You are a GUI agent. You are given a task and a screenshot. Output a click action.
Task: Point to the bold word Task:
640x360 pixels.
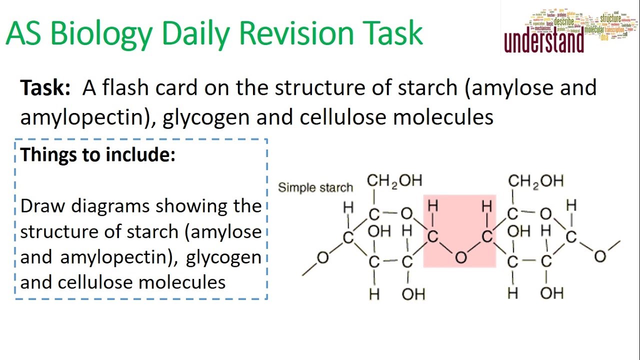pyautogui.click(x=45, y=88)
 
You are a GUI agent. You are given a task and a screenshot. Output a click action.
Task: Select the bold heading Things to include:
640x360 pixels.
pyautogui.click(x=98, y=154)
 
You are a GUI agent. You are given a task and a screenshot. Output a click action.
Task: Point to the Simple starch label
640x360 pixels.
pyautogui.click(x=315, y=187)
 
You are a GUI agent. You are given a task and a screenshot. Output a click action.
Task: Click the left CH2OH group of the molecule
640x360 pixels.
pyautogui.click(x=394, y=180)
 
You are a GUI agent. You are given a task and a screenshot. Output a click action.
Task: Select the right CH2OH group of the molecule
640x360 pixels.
pyautogui.click(x=536, y=180)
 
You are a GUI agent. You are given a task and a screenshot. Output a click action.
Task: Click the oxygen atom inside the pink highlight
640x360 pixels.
pyautogui.click(x=461, y=257)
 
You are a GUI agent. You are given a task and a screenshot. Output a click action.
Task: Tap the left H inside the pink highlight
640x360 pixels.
pyautogui.click(x=433, y=205)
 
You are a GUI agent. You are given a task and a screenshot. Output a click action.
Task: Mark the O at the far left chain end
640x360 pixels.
pyautogui.click(x=323, y=257)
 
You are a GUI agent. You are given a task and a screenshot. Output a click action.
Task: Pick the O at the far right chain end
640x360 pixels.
pyautogui.click(x=600, y=256)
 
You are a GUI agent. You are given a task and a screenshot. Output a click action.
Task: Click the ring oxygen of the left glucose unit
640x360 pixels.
pyautogui.click(x=406, y=214)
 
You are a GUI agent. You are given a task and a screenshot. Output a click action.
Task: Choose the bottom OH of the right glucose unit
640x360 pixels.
pyautogui.click(x=552, y=293)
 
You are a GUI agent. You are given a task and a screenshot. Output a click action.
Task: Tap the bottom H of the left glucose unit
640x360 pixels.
pyautogui.click(x=374, y=294)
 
